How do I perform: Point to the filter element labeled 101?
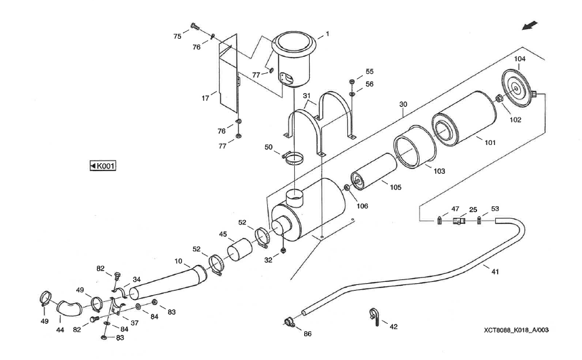[x=461, y=124]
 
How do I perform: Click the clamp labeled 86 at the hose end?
[x=288, y=322]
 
